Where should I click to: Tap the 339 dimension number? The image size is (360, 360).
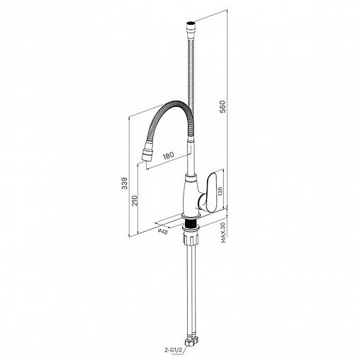click(x=125, y=184)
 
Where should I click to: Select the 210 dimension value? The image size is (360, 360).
click(x=135, y=201)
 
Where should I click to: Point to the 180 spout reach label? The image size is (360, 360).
click(x=168, y=156)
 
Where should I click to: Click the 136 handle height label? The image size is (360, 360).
click(x=220, y=192)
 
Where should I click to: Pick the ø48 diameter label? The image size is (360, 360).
click(x=163, y=231)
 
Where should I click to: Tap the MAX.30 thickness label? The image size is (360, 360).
click(x=223, y=232)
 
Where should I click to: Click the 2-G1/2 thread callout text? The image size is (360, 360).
click(x=174, y=350)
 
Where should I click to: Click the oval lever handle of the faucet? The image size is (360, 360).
click(x=212, y=192)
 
